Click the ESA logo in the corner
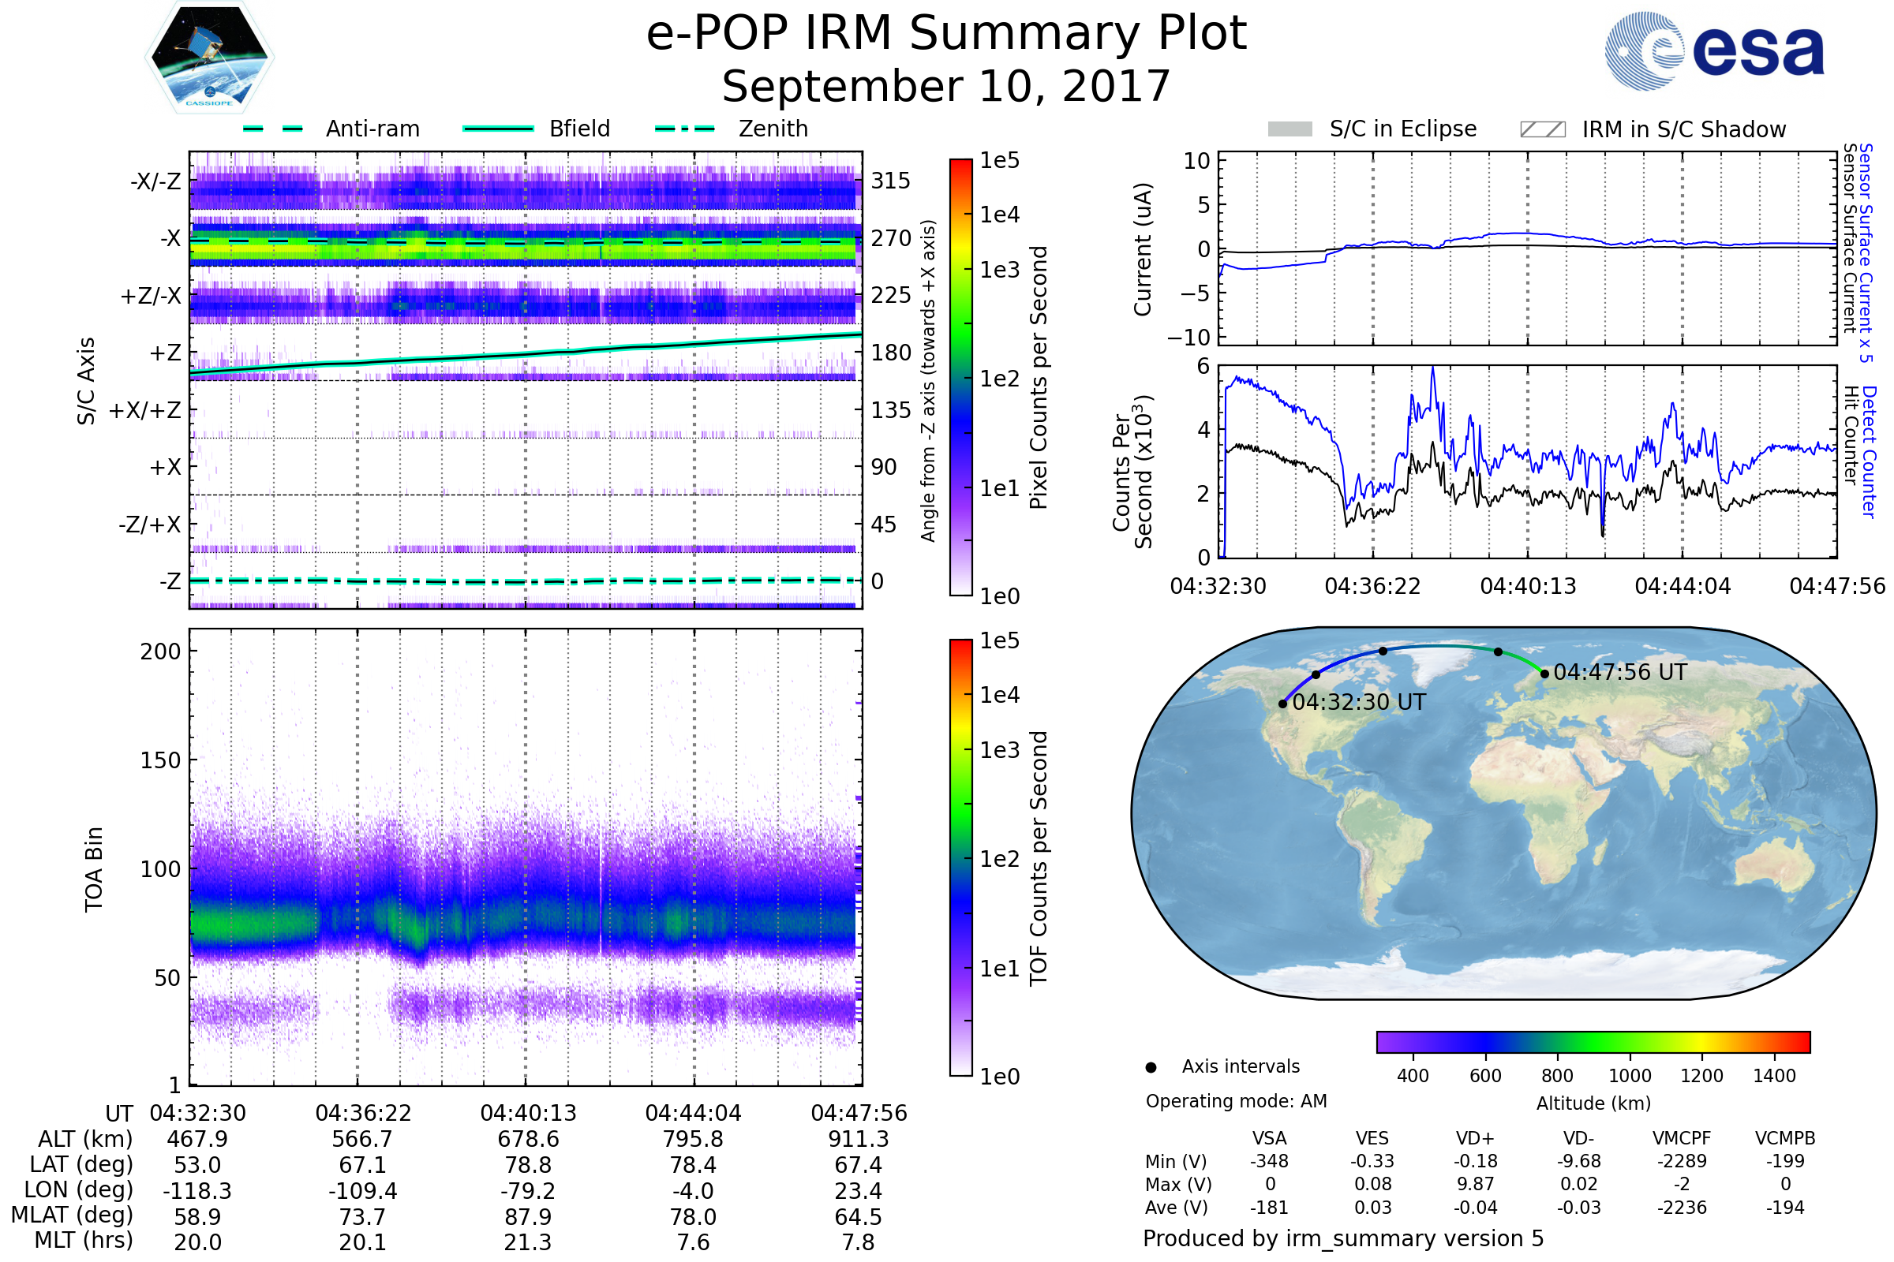point(1714,50)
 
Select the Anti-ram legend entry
point(331,129)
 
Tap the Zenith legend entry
point(732,129)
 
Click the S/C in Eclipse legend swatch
point(1289,129)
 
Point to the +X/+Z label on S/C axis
point(144,410)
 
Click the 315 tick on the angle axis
point(891,181)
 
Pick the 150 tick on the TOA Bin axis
point(160,760)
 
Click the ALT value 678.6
point(528,1140)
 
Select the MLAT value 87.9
point(528,1217)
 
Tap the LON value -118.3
point(197,1191)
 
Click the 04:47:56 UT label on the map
point(1619,672)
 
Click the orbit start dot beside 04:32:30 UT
point(1283,704)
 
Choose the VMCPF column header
point(1682,1139)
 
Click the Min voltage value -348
point(1269,1161)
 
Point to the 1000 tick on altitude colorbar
point(1629,1076)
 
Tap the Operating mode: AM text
point(1236,1101)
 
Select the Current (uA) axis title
point(1143,249)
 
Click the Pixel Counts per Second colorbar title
point(1039,378)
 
